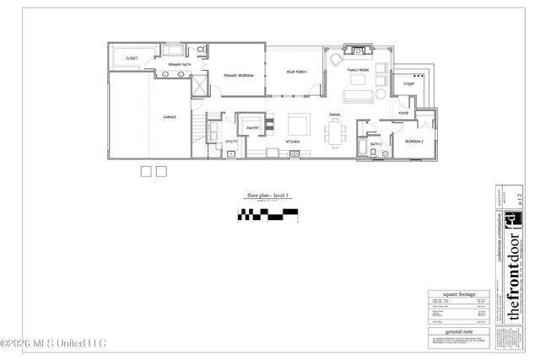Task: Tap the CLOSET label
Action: [x=132, y=58]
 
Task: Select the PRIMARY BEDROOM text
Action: [x=239, y=76]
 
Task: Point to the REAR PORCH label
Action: [x=296, y=72]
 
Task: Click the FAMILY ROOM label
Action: [x=359, y=70]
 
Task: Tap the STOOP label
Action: [x=408, y=84]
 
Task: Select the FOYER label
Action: [x=403, y=113]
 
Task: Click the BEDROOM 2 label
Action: [x=413, y=141]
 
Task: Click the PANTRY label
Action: [x=252, y=128]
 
